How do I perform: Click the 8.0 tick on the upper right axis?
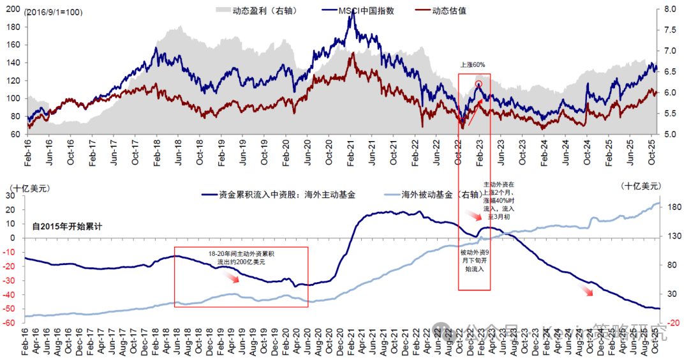click(x=670, y=10)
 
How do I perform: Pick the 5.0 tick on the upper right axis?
click(x=670, y=135)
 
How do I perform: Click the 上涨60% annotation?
click(x=473, y=64)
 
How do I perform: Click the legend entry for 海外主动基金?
click(x=287, y=195)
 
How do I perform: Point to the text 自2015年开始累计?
click(x=67, y=225)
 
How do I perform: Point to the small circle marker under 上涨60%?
click(x=478, y=83)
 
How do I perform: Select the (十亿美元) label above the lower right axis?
click(x=642, y=185)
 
